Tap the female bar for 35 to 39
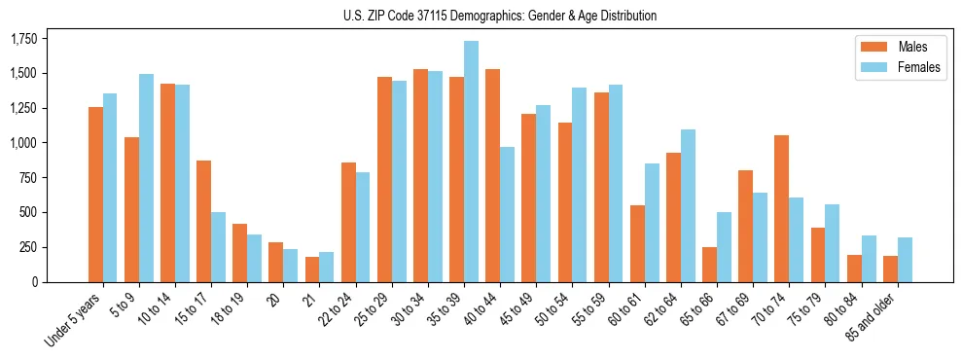[471, 162]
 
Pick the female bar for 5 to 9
[146, 178]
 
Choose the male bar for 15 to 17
[203, 221]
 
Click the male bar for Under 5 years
[95, 195]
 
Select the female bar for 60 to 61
[651, 223]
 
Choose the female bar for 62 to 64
[687, 205]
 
